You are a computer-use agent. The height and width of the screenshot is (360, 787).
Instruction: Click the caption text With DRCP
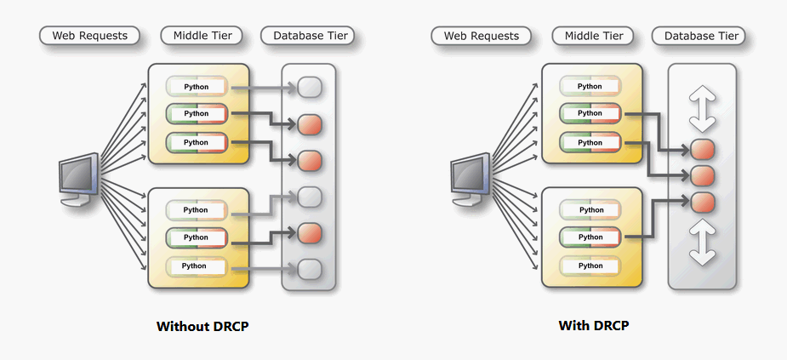tap(593, 326)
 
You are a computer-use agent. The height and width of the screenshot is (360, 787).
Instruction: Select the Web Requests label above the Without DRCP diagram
tap(89, 36)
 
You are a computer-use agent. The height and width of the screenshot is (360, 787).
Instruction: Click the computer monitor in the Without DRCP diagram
tap(78, 178)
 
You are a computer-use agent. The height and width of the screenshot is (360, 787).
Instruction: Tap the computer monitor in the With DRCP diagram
tap(470, 178)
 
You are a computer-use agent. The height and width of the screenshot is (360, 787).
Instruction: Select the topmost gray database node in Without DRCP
tap(309, 87)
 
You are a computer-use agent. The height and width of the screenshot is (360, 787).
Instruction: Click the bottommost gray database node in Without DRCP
tap(309, 269)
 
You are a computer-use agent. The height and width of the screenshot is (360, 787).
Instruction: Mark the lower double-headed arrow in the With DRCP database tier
tap(702, 243)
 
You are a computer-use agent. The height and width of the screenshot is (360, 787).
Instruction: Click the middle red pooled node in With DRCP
tap(702, 176)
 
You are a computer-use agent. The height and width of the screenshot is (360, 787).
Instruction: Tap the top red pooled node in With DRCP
tap(702, 150)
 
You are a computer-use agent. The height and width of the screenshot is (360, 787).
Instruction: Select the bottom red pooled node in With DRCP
tap(702, 202)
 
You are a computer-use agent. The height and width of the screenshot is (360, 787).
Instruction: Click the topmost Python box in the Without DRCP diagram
tap(197, 87)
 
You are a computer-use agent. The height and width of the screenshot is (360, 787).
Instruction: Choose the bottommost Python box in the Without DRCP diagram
tap(197, 266)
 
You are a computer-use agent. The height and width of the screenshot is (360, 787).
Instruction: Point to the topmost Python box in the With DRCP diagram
tap(590, 87)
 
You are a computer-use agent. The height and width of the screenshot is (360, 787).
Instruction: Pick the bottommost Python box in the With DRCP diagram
tap(590, 266)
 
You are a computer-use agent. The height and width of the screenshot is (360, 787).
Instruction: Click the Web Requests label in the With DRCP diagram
tap(481, 36)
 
